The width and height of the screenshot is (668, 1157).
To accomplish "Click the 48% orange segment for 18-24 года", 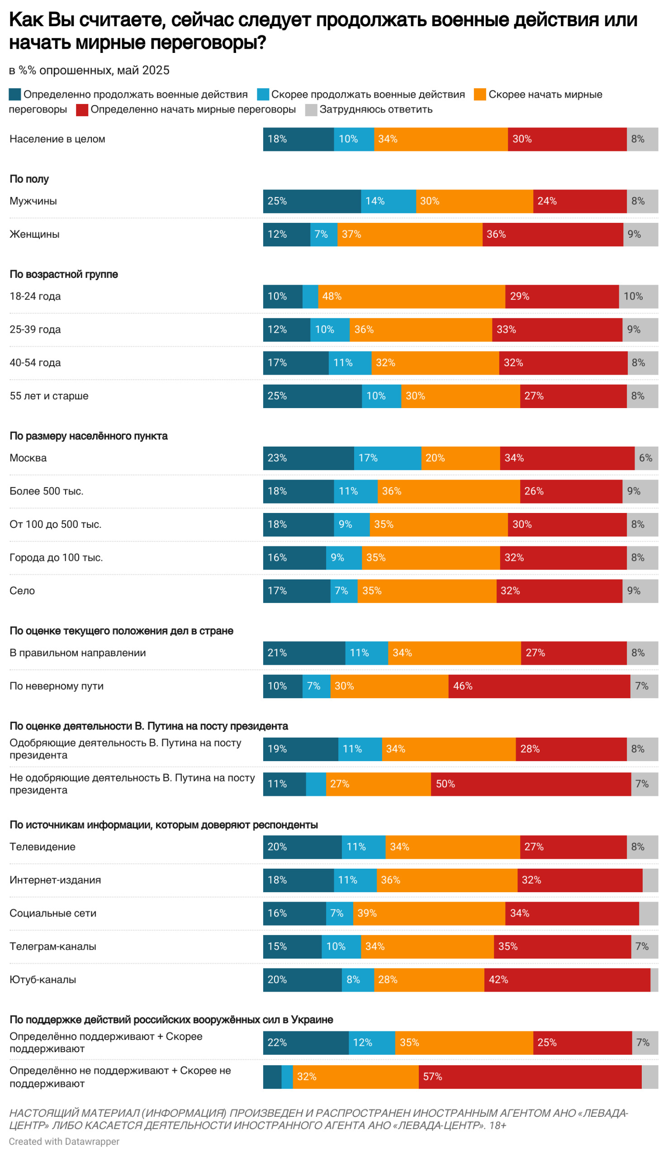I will pos(411,296).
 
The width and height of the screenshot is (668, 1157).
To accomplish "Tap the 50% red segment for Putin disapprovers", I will pos(531,783).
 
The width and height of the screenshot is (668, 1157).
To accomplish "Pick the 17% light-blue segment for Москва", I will pos(387,457).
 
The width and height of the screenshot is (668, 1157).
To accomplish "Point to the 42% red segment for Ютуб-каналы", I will pos(567,979).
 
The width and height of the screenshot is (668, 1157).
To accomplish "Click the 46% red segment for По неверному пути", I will pos(539,686).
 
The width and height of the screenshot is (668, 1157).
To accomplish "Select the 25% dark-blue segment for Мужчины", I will pos(312,201).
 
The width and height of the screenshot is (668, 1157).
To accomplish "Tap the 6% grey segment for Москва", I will pos(646,457).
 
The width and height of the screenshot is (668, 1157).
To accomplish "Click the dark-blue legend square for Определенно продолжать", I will pos(14,94).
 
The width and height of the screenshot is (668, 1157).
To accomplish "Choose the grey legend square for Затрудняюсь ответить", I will pos(311,109).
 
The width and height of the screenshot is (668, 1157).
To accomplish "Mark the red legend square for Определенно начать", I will pos(82,109).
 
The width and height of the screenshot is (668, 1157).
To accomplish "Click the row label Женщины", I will pos(34,234).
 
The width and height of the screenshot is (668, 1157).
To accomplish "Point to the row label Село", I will pos(22,590).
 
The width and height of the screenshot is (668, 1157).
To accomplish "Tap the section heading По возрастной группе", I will pos(64,274).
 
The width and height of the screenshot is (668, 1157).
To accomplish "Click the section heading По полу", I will pos(29,179).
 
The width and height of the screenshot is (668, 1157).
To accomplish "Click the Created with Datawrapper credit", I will pos(64,1142).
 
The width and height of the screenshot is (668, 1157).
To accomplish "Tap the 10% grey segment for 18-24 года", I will pos(638,296).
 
